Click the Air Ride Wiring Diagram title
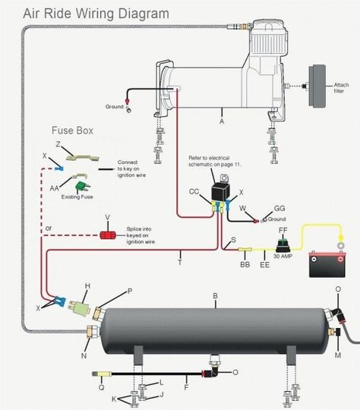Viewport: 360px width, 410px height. [96, 14]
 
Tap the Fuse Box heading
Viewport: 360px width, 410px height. [72, 131]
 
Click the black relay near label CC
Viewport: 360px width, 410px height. [221, 191]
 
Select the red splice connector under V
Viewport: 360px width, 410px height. [107, 235]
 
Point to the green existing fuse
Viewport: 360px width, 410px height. [82, 187]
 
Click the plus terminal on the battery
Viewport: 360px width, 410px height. [340, 259]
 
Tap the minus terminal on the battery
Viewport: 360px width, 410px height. [314, 259]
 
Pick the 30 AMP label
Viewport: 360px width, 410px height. [283, 256]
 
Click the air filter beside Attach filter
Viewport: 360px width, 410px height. [317, 86]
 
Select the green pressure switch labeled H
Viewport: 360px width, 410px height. [81, 308]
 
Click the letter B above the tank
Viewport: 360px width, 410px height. [215, 296]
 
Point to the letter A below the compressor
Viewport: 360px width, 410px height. [222, 121]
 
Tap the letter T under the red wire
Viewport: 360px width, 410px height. [180, 262]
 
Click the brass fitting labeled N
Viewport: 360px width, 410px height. [93, 332]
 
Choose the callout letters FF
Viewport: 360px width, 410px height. [283, 230]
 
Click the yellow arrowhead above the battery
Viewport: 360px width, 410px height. [341, 238]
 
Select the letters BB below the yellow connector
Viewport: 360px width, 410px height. [245, 265]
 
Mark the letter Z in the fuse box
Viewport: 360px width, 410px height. [58, 143]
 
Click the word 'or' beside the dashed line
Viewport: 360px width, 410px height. [49, 229]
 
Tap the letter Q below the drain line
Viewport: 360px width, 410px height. [101, 387]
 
